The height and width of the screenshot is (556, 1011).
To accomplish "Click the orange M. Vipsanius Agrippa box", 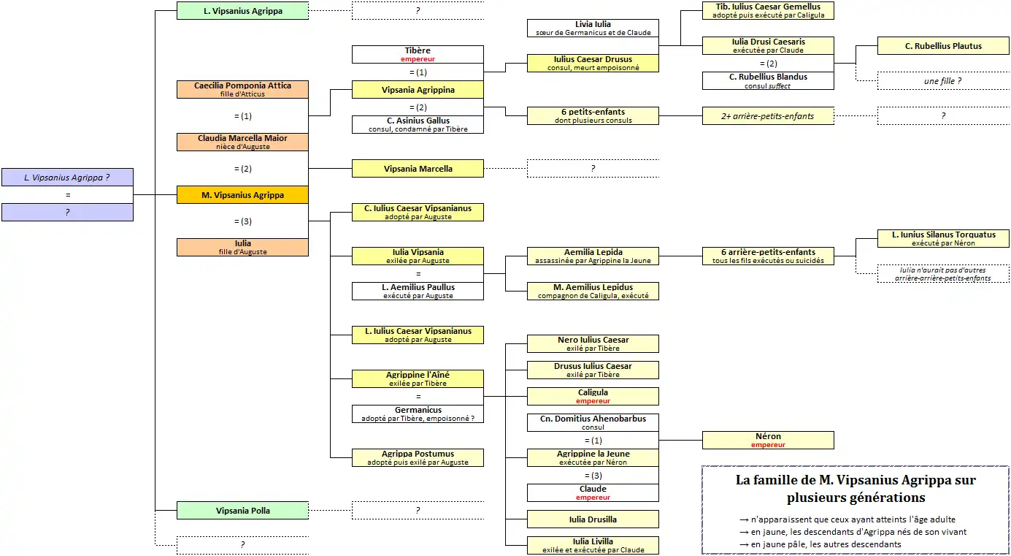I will (x=242, y=195).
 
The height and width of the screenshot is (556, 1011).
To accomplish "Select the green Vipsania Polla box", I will (x=242, y=511).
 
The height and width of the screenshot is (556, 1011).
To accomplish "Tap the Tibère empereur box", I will (x=418, y=54).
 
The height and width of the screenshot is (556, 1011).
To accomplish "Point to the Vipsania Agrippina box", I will (x=418, y=90).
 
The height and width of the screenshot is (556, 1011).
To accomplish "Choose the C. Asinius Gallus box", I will (x=418, y=125).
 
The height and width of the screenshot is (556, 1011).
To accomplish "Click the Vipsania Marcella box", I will (x=418, y=169).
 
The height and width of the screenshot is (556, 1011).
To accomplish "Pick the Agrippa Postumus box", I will (x=418, y=458).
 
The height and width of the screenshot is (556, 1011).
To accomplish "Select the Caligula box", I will (x=593, y=397).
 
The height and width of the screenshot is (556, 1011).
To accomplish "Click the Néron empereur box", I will (x=768, y=441).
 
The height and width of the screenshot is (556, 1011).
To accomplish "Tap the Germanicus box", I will (x=418, y=414).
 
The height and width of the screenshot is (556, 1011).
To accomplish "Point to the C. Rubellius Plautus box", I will (x=943, y=46).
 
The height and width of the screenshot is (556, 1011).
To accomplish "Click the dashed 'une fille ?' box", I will (x=943, y=81).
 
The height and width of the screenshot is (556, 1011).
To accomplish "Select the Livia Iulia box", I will (x=593, y=28).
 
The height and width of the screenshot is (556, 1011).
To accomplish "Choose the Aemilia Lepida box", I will (x=593, y=256).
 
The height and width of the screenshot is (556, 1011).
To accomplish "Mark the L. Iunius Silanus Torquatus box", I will (x=943, y=239).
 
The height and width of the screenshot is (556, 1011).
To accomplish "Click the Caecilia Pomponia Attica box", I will (x=242, y=90).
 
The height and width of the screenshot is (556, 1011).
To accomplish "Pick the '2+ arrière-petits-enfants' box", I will (x=768, y=116).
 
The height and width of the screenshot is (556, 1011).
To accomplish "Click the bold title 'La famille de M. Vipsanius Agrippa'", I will (x=856, y=481).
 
